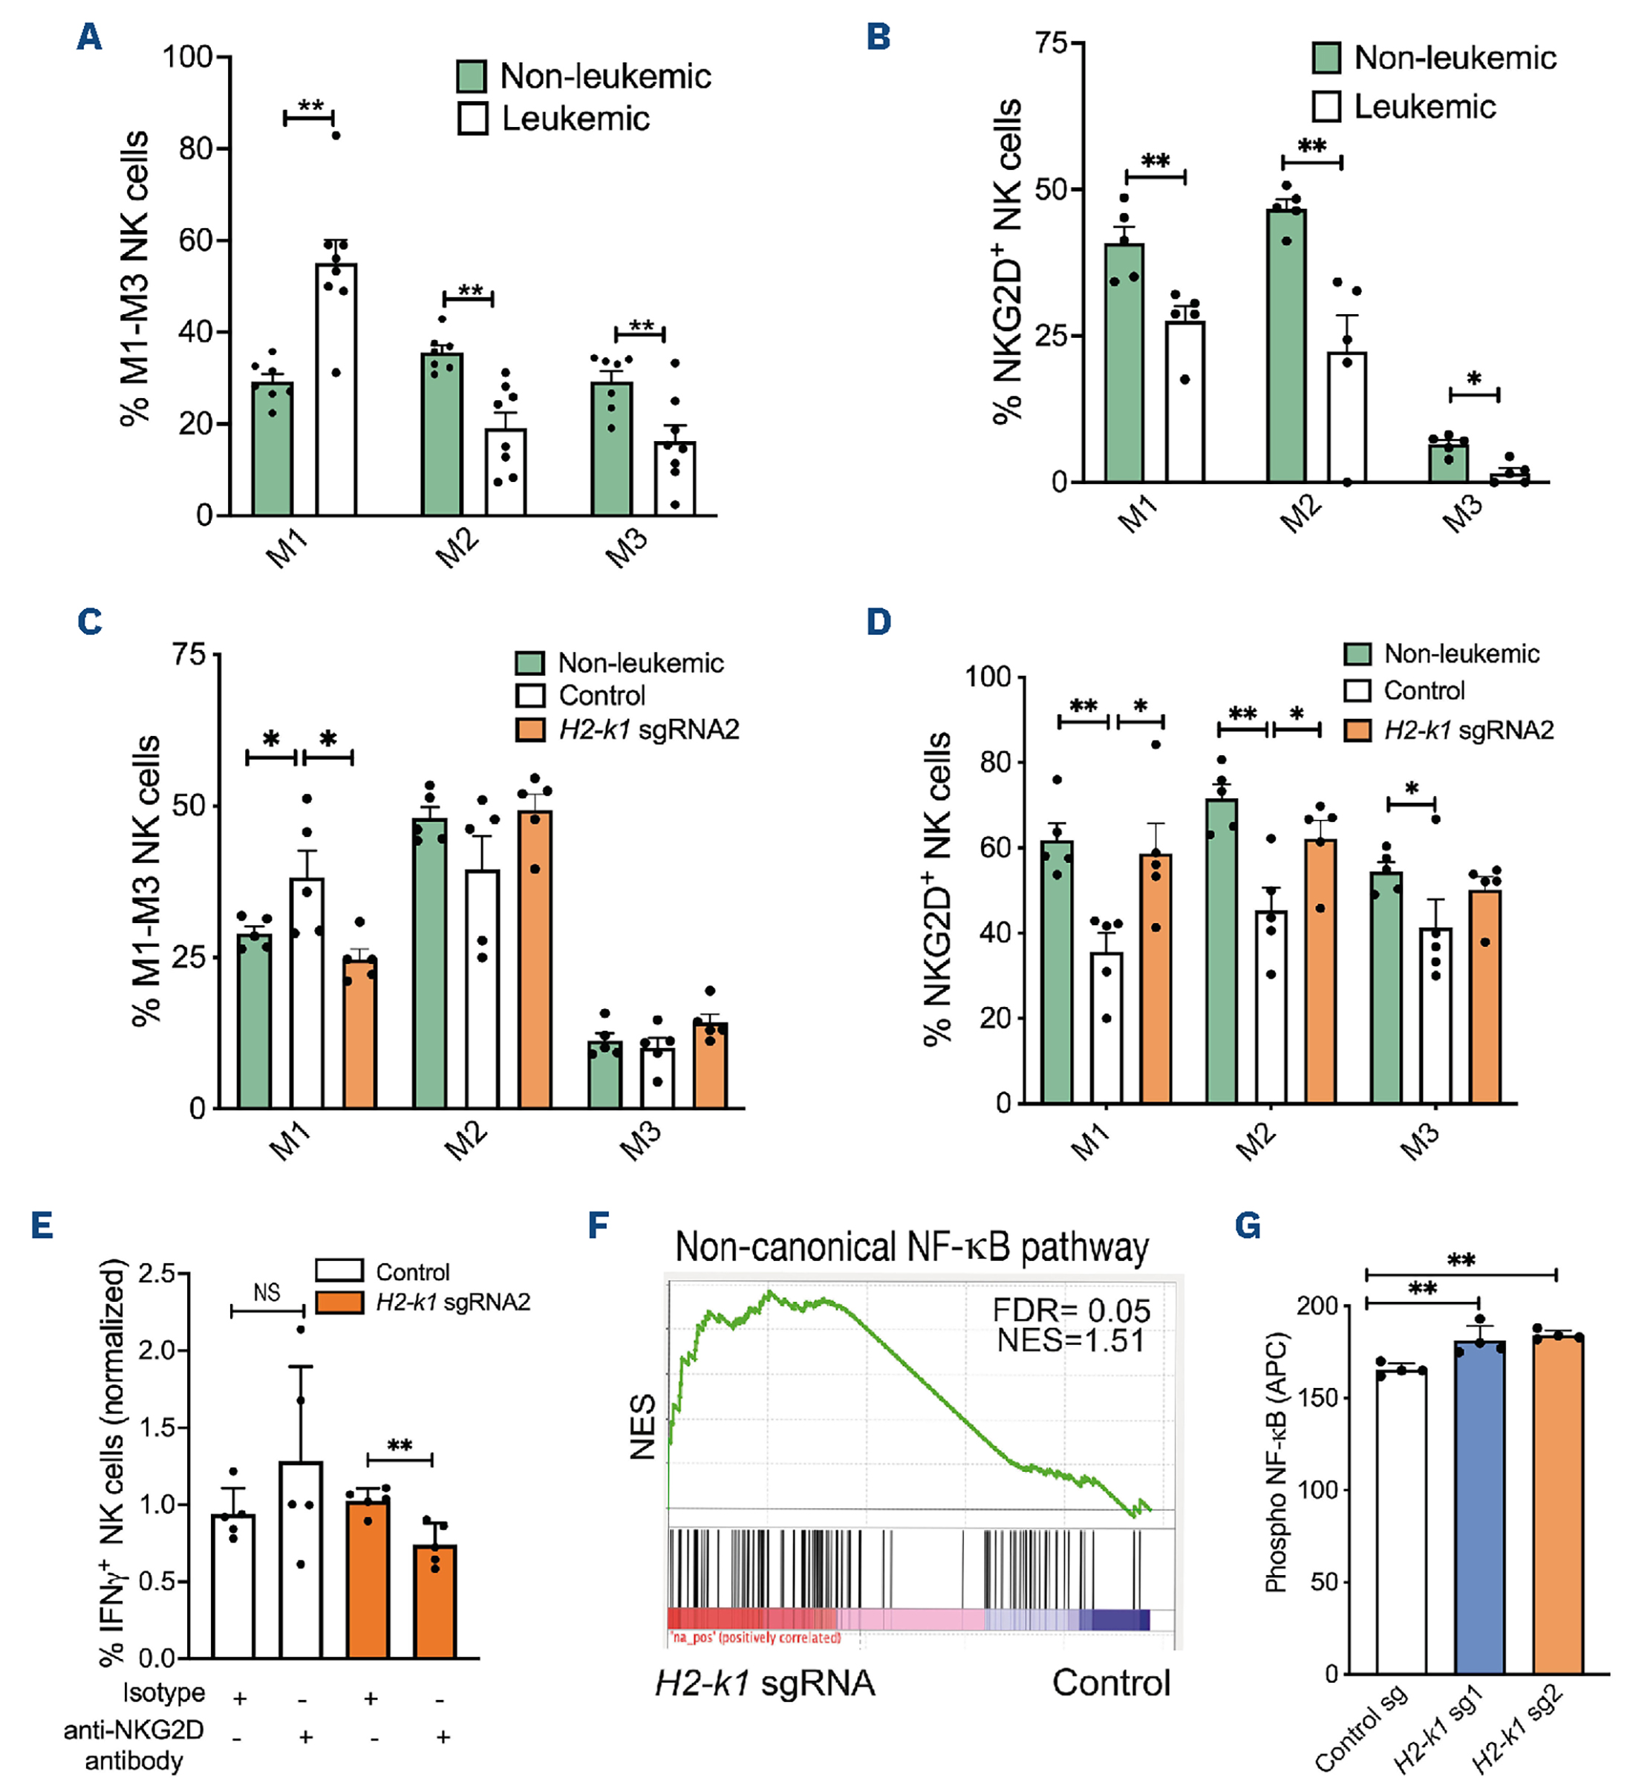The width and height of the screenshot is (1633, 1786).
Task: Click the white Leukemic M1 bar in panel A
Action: click(336, 390)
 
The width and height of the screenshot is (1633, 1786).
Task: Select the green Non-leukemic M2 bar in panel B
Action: click(1285, 345)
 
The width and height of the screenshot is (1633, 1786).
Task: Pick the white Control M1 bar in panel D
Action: click(1106, 1027)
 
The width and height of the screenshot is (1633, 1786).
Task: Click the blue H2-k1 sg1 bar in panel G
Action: click(1479, 1506)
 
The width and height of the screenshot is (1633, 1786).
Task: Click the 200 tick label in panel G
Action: click(1317, 1306)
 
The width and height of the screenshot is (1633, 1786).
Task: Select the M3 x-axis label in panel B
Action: click(1463, 514)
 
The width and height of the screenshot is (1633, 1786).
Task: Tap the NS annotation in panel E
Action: click(267, 1293)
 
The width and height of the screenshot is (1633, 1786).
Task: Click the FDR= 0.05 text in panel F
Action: click(1070, 1309)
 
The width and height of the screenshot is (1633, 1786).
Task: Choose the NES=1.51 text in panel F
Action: click(1070, 1340)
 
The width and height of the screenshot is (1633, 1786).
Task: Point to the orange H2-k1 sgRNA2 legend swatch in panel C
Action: click(530, 730)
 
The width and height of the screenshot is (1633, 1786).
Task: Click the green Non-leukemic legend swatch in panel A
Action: click(472, 76)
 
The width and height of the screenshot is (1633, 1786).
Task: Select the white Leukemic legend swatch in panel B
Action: click(1326, 106)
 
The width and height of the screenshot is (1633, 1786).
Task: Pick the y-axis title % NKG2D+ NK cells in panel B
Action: click(1008, 261)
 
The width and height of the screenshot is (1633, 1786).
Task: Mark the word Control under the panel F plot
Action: click(1111, 1682)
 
